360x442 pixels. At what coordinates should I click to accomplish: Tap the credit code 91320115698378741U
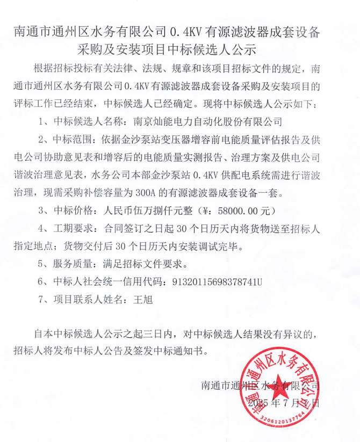(217, 281)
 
